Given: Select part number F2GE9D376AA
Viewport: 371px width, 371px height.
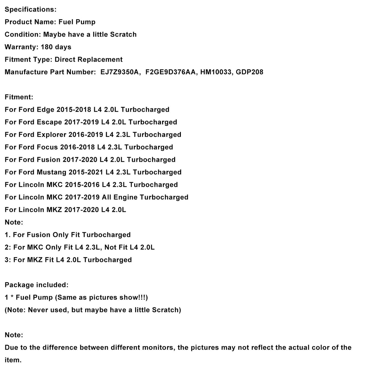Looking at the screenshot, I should point(171,72).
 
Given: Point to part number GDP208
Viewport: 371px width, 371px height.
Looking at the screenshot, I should point(249,72).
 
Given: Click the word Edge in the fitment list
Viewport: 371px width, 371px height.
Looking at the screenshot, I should point(45,109).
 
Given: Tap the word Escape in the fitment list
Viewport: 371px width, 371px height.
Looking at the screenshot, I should point(49,122).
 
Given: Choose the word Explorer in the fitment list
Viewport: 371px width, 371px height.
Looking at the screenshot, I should point(51,134).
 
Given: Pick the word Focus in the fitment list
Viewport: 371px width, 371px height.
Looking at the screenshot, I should point(47,147).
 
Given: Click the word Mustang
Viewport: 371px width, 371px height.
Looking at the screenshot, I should point(51,172).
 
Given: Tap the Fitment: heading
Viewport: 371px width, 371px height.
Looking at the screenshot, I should point(19,97).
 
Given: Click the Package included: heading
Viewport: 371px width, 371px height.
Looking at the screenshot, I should point(36,285).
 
